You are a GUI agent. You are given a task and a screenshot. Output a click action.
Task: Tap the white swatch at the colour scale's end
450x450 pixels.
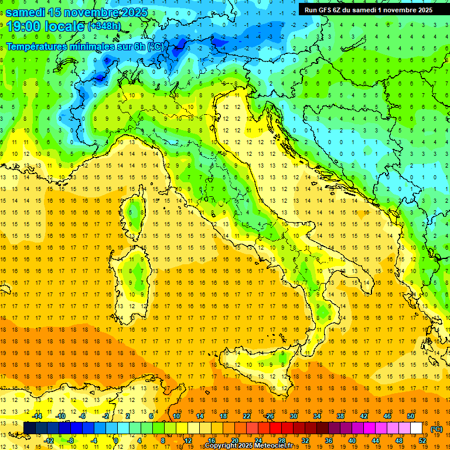[416, 428]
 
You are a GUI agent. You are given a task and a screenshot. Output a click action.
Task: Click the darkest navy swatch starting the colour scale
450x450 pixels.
[29, 428]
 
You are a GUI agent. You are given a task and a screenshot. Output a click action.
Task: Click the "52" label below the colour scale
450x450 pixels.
[422, 441]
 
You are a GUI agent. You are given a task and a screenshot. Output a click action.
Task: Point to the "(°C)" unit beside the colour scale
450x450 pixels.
[437, 429]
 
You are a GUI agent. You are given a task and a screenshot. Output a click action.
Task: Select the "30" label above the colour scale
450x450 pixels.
[294, 416]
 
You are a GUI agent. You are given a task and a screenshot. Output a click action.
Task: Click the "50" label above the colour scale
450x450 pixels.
[411, 416]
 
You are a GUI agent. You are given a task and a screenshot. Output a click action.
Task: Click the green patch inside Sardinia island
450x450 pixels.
[138, 272]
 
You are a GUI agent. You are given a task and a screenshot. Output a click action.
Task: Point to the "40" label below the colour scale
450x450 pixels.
[352, 441]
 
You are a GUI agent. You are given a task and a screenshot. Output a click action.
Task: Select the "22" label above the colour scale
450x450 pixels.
[247, 416]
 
